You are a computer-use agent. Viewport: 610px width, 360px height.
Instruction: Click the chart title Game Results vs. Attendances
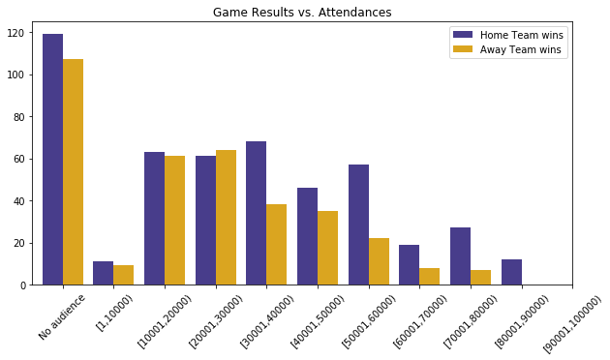302,13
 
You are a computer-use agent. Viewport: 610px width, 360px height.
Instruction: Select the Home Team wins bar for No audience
52,160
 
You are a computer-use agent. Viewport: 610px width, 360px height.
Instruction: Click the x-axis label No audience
62,316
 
